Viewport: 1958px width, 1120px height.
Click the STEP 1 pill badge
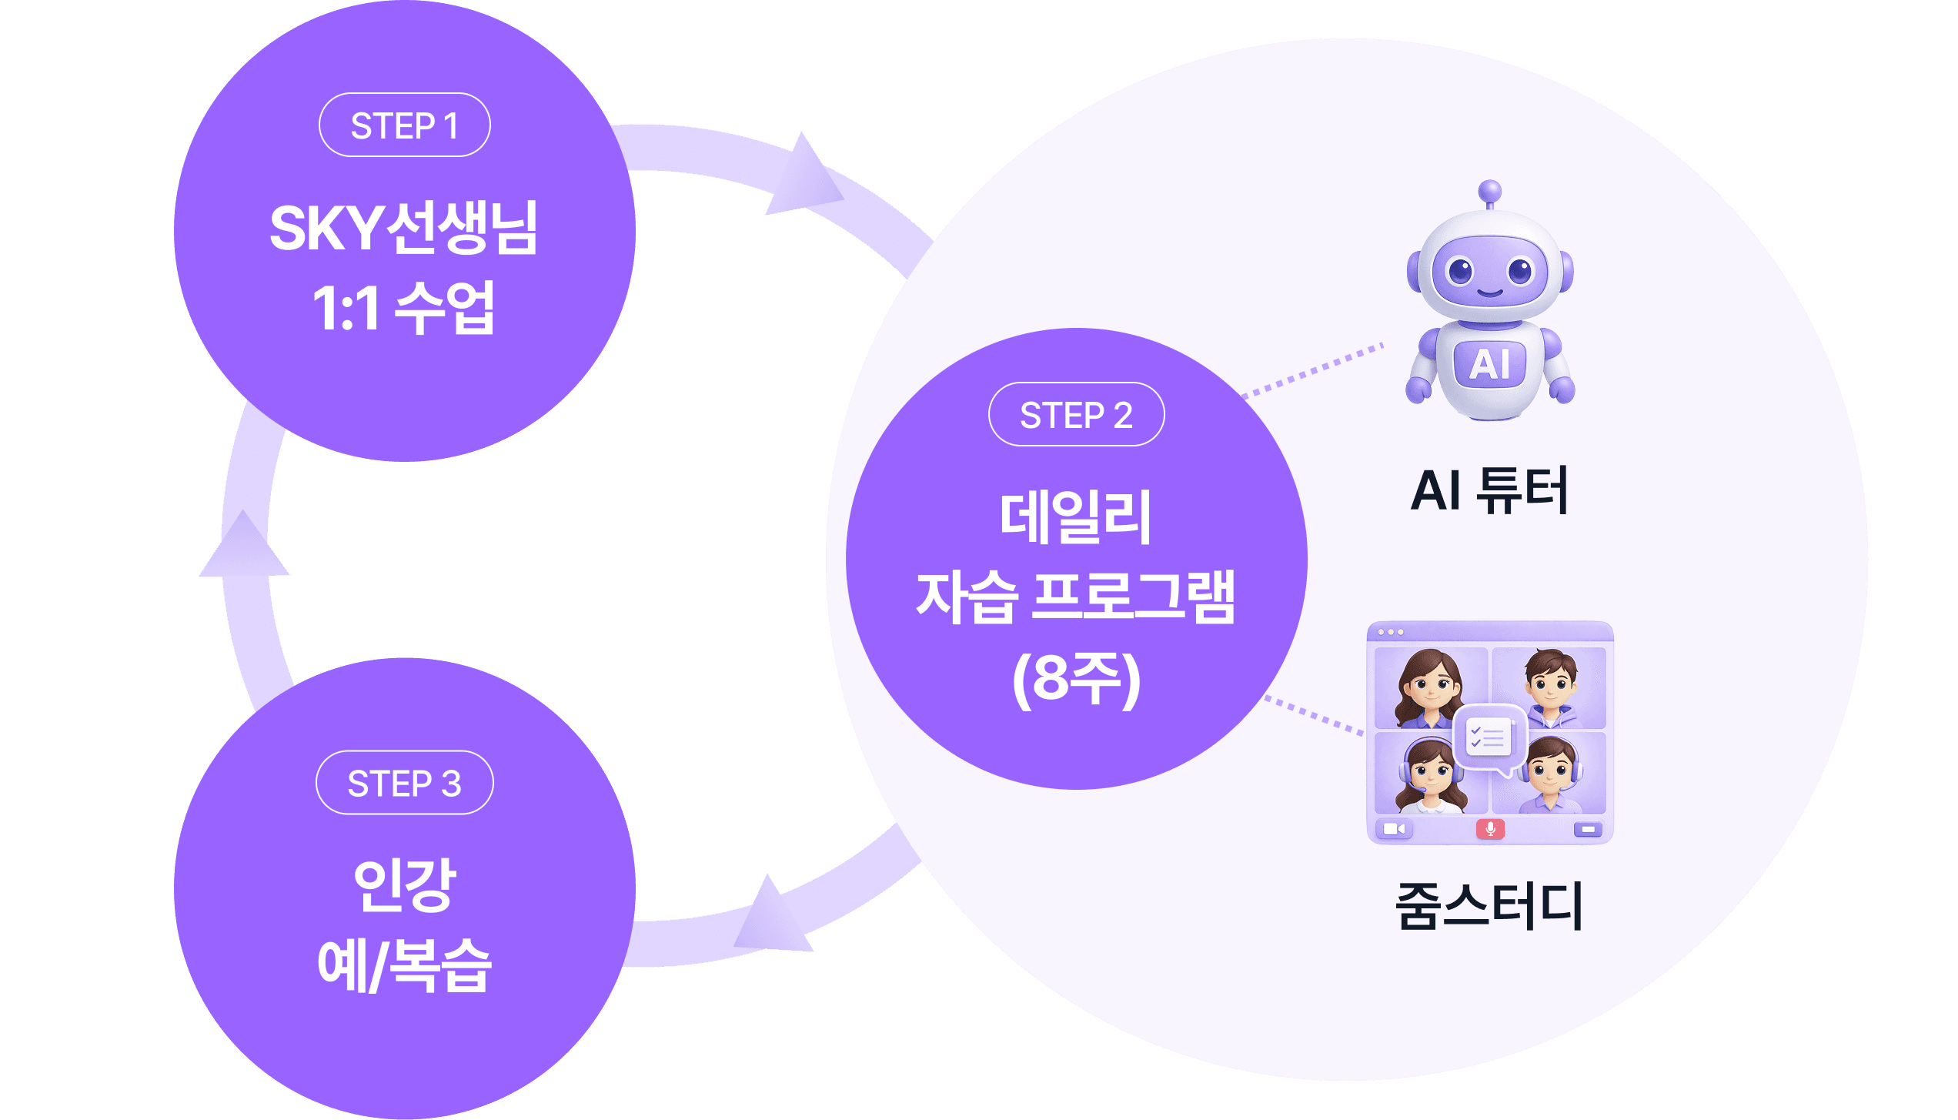pyautogui.click(x=404, y=125)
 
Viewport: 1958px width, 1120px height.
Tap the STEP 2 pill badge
pyautogui.click(x=1076, y=414)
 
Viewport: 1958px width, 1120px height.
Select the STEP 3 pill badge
pyautogui.click(x=404, y=782)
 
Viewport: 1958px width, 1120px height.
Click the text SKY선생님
pyautogui.click(x=404, y=229)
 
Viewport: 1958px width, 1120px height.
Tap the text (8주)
pyautogui.click(x=1076, y=679)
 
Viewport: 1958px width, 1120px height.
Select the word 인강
pyautogui.click(x=404, y=884)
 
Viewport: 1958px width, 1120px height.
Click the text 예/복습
pyautogui.click(x=404, y=966)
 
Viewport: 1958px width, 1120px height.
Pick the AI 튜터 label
pyautogui.click(x=1489, y=490)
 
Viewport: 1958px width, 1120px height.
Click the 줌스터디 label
pyautogui.click(x=1489, y=906)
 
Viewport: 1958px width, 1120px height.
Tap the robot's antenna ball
pyautogui.click(x=1490, y=191)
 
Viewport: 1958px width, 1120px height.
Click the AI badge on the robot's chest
pyautogui.click(x=1489, y=363)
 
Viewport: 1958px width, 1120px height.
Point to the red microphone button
pyautogui.click(x=1490, y=829)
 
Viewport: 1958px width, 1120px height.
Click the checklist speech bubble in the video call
pyautogui.click(x=1489, y=738)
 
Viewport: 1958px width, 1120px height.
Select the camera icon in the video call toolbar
pyautogui.click(x=1394, y=829)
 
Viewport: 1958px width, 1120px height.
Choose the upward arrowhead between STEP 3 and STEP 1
pyautogui.click(x=244, y=547)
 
